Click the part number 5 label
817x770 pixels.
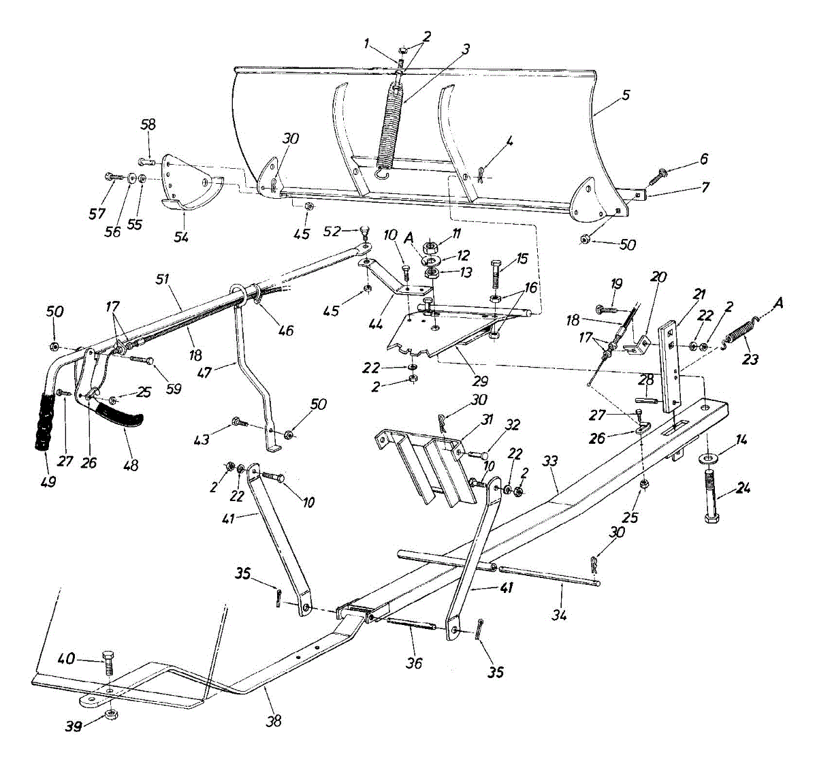click(x=625, y=95)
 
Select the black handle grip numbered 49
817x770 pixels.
click(x=46, y=422)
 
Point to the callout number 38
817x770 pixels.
click(x=274, y=721)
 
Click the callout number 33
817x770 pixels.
click(x=550, y=462)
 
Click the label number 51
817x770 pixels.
click(x=162, y=279)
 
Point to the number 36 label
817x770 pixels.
click(x=414, y=662)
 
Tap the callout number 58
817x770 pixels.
click(x=148, y=125)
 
